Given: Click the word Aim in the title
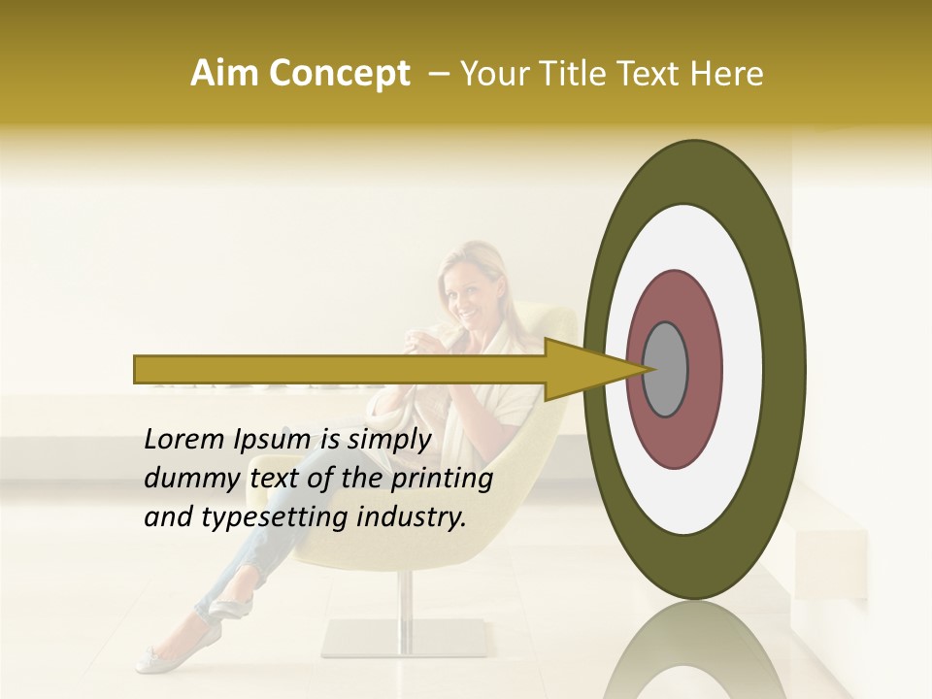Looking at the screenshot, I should click(224, 74).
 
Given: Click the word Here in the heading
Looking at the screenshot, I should click(725, 74).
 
